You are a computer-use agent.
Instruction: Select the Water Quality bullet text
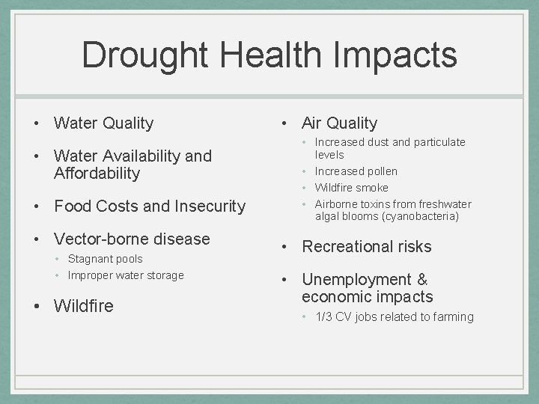coord(103,123)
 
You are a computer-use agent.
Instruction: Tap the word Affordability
coord(97,174)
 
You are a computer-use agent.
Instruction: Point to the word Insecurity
coord(210,206)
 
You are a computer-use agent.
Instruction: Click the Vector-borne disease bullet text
coord(132,239)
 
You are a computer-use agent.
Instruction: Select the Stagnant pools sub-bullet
coord(105,259)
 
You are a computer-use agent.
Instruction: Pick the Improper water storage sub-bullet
coord(125,275)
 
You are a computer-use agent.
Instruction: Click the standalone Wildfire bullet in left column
coord(84,305)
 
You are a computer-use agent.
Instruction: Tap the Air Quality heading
coord(339,123)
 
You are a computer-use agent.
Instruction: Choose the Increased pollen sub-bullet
coord(356,171)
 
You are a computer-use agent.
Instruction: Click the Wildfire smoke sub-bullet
coord(351,188)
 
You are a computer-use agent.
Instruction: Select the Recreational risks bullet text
coord(366,247)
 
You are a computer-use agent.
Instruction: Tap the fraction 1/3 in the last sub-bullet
coord(323,317)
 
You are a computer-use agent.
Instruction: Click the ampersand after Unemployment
coord(422,280)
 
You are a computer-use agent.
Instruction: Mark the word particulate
coord(439,142)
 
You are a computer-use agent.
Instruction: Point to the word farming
coord(451,317)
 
